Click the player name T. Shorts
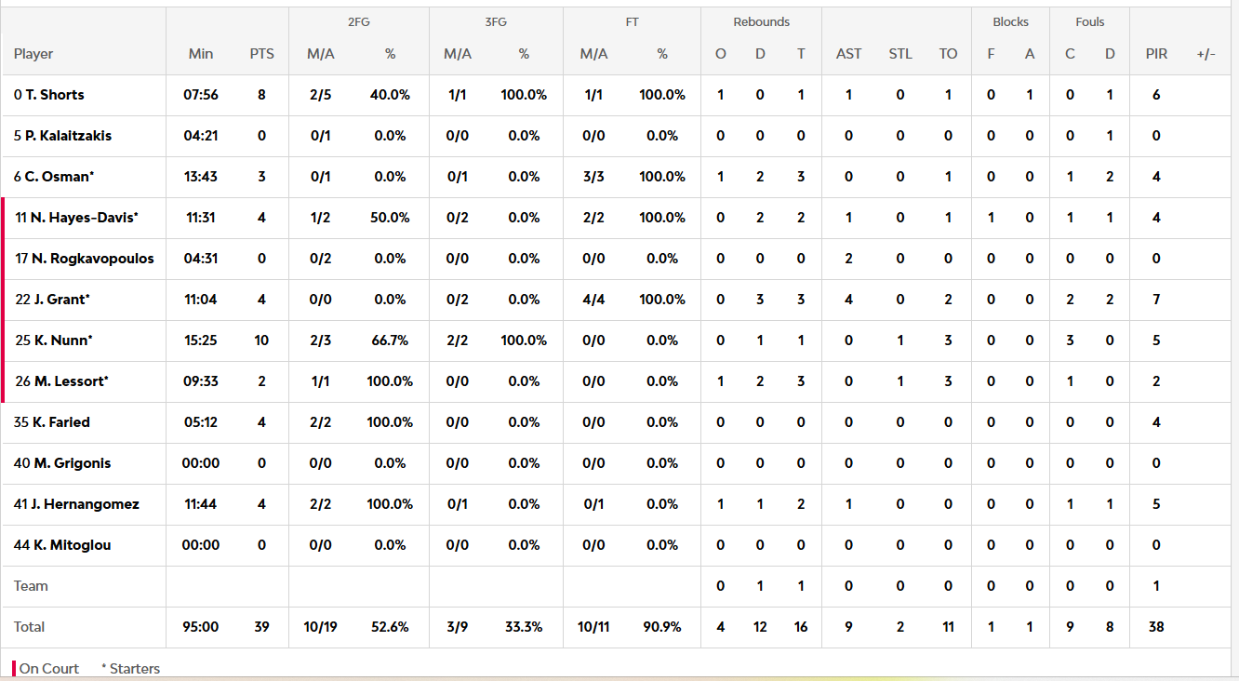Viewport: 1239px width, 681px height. (55, 95)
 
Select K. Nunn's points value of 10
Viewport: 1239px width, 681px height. (261, 340)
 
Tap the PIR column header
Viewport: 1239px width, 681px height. (1156, 54)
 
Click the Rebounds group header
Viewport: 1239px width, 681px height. (761, 22)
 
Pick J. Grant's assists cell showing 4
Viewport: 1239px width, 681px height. (848, 300)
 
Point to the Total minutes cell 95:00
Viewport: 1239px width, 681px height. (200, 627)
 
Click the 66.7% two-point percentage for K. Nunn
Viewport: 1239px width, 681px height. (390, 340)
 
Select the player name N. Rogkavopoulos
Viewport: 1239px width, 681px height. (92, 259)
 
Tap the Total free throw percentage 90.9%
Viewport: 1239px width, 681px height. (661, 627)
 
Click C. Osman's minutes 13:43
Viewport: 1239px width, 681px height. (200, 177)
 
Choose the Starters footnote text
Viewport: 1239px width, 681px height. (131, 668)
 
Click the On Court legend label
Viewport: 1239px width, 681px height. (48, 668)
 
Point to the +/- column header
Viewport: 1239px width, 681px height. (1206, 54)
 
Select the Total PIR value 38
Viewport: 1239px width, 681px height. (1156, 627)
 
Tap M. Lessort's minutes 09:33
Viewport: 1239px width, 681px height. (200, 381)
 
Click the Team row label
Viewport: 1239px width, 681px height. (31, 586)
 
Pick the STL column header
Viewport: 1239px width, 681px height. (899, 54)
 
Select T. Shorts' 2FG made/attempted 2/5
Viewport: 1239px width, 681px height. (320, 95)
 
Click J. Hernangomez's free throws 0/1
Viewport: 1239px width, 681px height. (593, 504)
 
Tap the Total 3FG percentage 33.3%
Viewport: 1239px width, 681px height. (524, 627)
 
